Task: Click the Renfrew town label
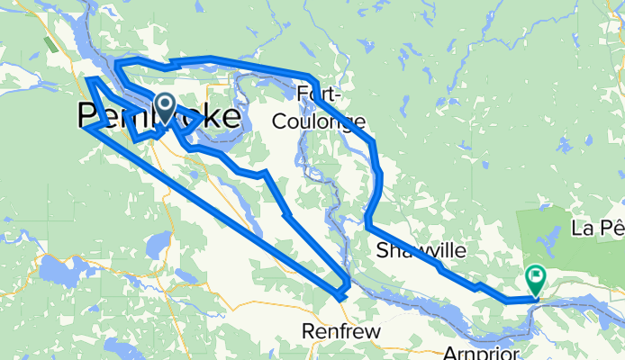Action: coord(341,332)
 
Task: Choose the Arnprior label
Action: coord(483,352)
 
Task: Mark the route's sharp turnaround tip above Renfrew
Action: coord(340,295)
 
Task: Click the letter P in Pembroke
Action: coord(88,117)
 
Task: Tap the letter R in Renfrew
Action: coord(308,332)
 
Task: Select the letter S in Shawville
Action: coord(383,249)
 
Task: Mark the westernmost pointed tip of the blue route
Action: coord(84,128)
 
